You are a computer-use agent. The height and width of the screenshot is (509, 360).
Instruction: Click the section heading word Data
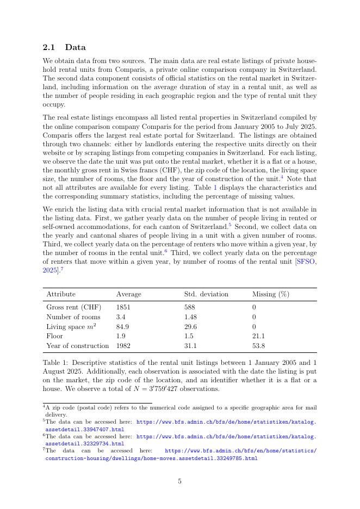75,48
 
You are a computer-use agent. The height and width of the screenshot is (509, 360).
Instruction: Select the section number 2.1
49,48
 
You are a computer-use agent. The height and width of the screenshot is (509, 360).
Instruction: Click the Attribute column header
61,294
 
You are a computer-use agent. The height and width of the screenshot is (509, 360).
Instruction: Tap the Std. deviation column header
206,294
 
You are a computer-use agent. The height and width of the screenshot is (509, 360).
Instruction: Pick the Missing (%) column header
270,294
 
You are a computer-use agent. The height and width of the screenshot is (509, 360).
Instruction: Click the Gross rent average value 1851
124,307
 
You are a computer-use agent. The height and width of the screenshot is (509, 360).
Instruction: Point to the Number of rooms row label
73,317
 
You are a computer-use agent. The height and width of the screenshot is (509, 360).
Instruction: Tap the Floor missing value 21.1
258,336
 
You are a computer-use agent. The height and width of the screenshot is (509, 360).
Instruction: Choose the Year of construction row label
78,346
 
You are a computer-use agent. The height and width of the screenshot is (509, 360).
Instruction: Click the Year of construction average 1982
123,346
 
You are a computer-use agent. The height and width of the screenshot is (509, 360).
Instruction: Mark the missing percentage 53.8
258,346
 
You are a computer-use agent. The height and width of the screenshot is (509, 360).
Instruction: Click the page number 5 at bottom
179,481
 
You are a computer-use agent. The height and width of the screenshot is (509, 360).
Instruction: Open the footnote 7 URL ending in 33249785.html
151,458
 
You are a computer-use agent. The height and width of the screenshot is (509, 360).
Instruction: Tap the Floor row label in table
54,336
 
